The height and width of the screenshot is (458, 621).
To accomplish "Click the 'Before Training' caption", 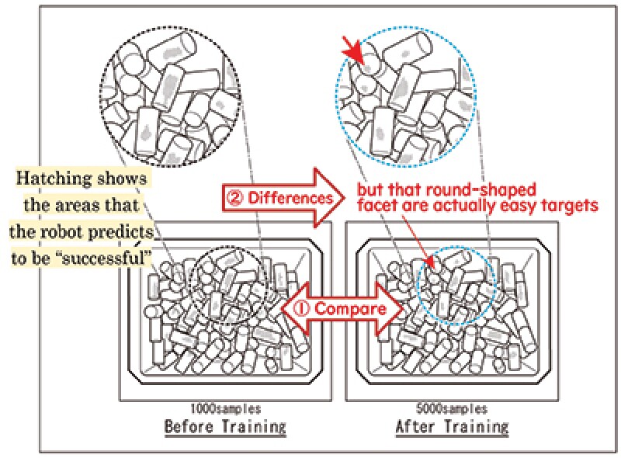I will pos(224,426).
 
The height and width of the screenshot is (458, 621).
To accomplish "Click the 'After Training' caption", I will pos(452,426).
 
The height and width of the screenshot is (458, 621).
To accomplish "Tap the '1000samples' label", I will pos(225,408).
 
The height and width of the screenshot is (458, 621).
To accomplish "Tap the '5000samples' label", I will pos(452,408).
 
